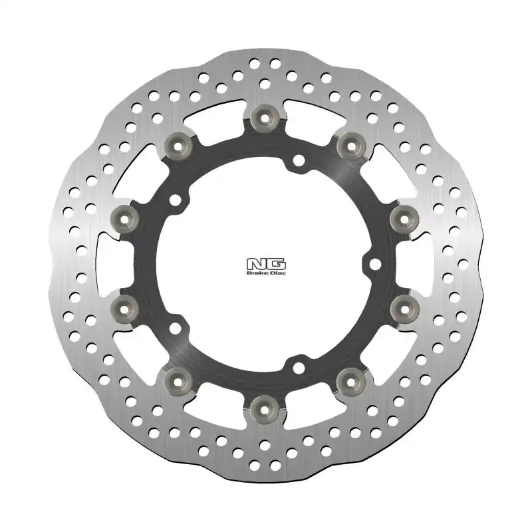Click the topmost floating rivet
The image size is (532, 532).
[265, 118]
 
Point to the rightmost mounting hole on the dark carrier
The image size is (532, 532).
[374, 265]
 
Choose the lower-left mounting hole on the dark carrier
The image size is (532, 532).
[176, 327]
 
